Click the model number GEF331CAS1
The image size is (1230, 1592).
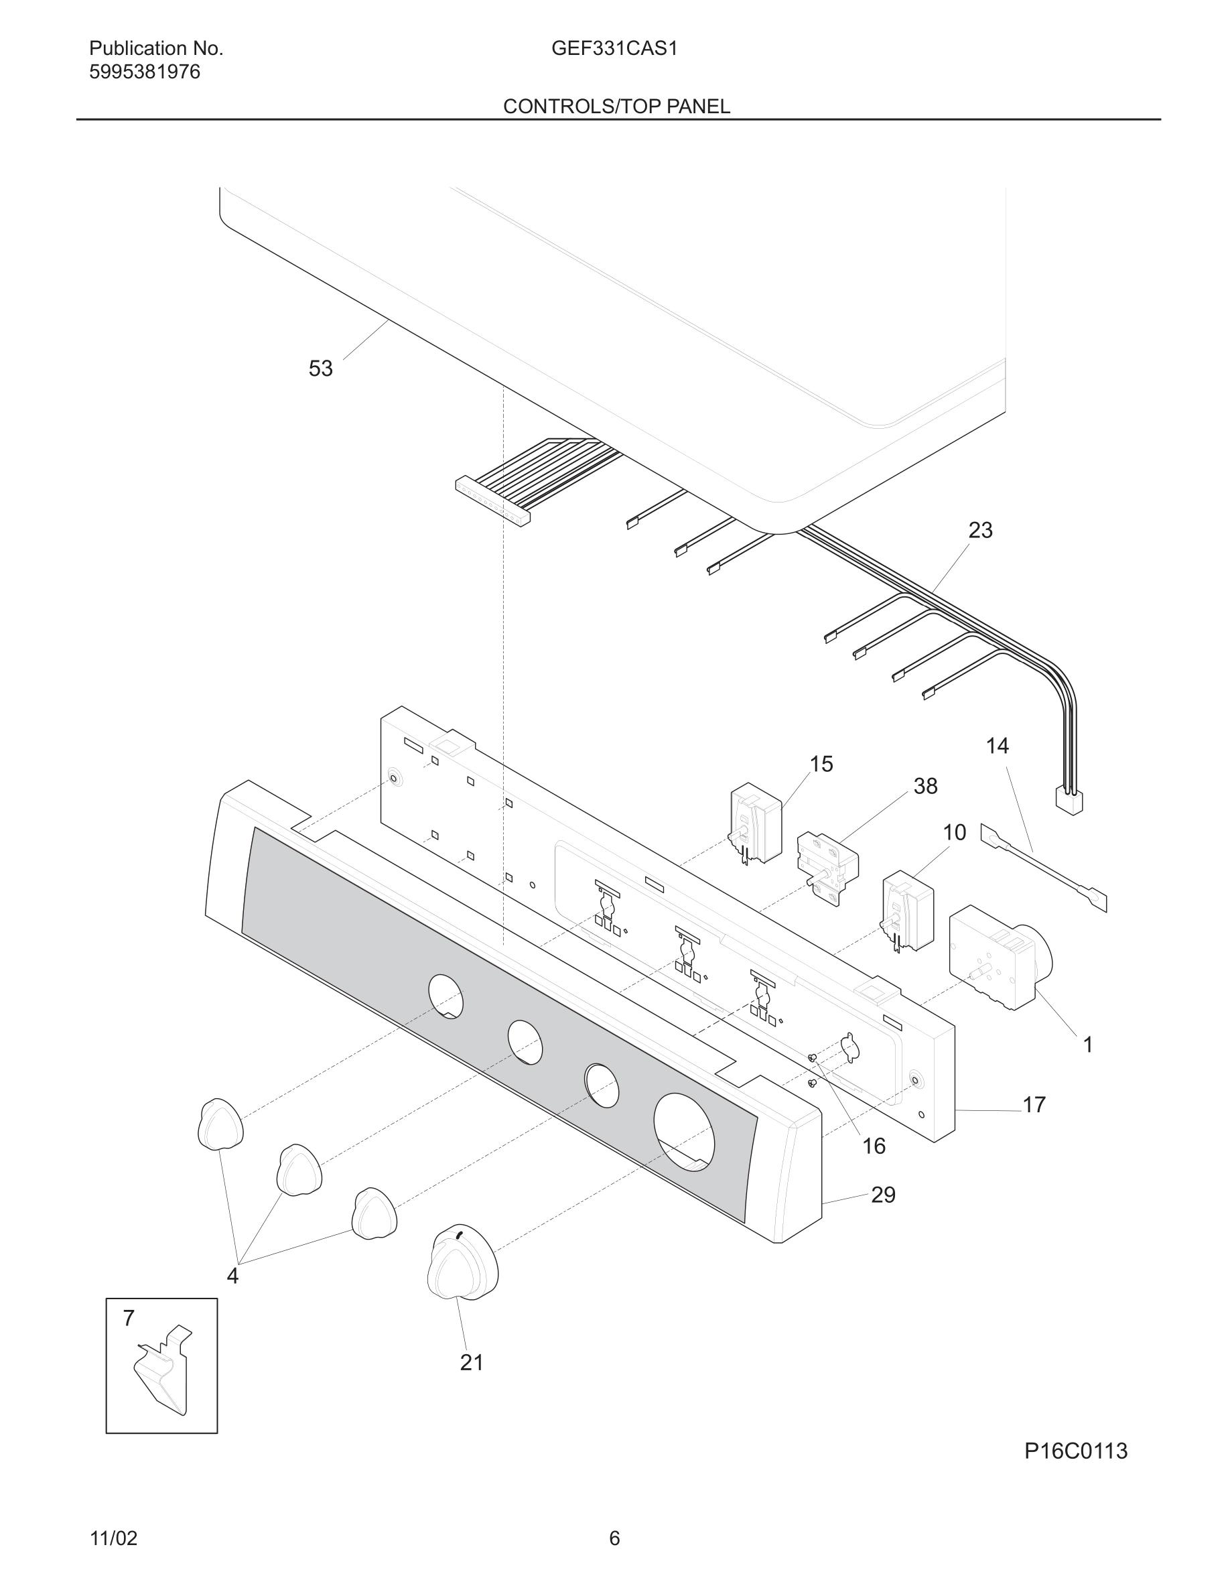614,49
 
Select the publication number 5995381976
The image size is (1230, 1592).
144,72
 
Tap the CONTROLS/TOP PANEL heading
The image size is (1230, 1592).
616,107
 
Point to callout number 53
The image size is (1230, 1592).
321,369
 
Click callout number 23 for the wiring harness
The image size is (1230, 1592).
980,530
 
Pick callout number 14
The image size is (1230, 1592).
997,746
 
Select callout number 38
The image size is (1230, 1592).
925,786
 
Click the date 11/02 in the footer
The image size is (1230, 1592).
113,1539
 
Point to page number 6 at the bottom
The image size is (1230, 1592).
614,1539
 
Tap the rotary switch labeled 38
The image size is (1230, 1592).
828,867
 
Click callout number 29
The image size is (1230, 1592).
883,1195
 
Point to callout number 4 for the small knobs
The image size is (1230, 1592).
232,1276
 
